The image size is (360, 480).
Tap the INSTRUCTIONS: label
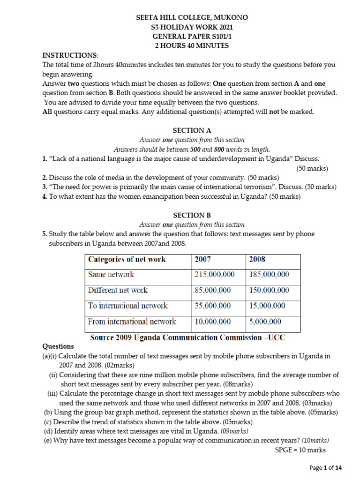pos(70,55)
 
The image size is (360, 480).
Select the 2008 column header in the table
pos(257,259)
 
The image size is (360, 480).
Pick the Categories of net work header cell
pos(127,259)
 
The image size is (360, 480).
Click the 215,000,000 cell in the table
pos(214,275)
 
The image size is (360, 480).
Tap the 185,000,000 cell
pos(269,275)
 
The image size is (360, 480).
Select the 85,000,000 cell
pos(212,290)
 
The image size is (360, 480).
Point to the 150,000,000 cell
pos(269,290)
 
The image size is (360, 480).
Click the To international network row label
pos(128,306)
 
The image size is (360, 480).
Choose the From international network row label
pos(132,322)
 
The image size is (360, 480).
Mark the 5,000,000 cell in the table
pos(265,322)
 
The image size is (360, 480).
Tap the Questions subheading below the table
pos(58,346)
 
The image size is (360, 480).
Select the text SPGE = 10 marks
pos(300,450)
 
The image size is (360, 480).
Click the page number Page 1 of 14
pos(326,467)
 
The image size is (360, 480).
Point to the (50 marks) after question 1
pos(312,168)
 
